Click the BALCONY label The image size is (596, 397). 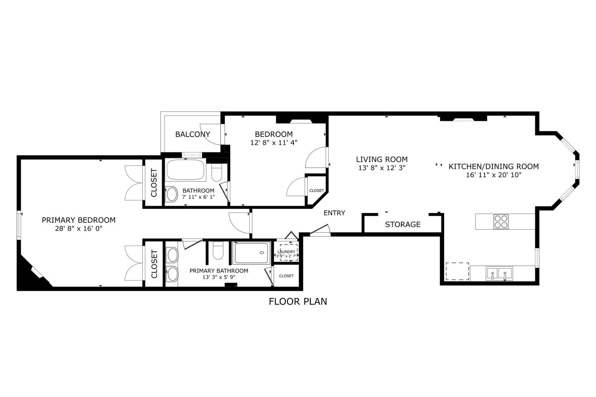coord(192,134)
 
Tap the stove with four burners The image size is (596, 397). coord(501,222)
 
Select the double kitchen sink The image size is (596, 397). coord(499,273)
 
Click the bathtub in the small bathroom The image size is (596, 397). coord(185,170)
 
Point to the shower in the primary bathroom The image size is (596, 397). coord(251,253)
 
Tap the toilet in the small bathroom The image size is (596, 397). coord(217,172)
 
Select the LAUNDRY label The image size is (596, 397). coord(286,252)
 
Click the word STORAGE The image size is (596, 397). coord(403,224)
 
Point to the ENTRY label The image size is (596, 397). coord(334,213)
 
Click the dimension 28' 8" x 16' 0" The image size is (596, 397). coord(79,229)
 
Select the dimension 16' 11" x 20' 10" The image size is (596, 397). coord(494,175)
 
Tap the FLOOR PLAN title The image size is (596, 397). coord(298,301)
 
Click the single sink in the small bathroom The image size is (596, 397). coord(172,195)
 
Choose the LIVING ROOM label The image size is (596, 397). coord(382,159)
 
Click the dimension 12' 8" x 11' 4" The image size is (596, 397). coord(274,143)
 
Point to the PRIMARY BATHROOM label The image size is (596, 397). coord(219,271)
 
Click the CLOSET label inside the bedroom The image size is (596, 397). coord(317,191)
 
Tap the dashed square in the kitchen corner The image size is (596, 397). coord(457,271)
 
